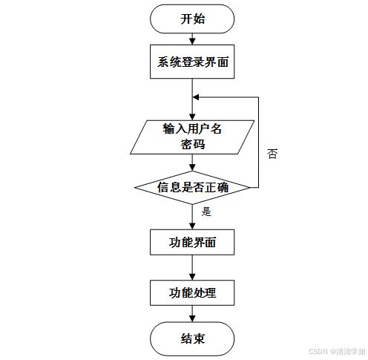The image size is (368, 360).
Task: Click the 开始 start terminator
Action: point(192,19)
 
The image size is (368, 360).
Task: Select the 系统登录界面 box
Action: point(192,62)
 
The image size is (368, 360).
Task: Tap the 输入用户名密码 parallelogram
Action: point(192,137)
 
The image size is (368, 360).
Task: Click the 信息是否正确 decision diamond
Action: point(192,188)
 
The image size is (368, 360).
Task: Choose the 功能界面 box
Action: point(192,242)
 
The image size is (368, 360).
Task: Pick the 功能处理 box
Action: point(192,292)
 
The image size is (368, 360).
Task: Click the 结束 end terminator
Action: point(192,338)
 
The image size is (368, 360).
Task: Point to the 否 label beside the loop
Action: point(272,154)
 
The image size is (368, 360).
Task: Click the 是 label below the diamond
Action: point(206,212)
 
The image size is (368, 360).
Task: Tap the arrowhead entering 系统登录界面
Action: point(192,42)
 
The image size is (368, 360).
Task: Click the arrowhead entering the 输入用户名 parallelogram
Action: point(192,117)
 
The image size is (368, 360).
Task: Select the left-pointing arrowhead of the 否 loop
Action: point(196,97)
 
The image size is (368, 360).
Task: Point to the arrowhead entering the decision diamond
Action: point(192,168)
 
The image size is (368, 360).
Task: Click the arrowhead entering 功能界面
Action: point(192,226)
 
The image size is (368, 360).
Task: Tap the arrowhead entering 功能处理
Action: point(192,277)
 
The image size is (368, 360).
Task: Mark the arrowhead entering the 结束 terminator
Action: point(192,318)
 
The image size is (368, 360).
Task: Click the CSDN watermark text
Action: point(337,351)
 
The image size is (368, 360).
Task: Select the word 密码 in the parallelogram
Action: point(193,144)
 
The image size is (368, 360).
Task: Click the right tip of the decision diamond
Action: point(250,188)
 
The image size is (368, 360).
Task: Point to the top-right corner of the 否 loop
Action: point(258,97)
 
